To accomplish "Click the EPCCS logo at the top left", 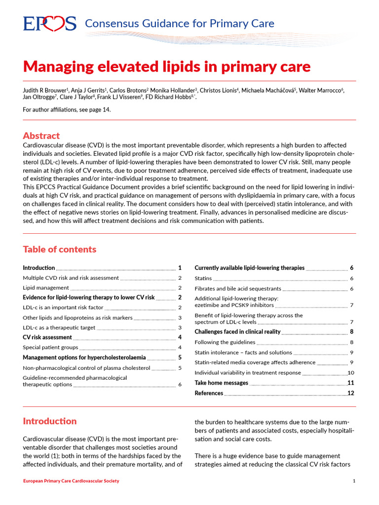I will pos(49,24).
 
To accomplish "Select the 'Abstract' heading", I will pos(41,136).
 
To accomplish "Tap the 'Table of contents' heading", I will pos(60,249).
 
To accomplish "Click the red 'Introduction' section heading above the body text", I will pos(50,421).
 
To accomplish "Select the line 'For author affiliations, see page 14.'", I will pos(67,109).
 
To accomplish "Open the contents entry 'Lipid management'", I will pos(46,288).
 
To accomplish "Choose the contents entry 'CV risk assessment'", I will pos(47,337).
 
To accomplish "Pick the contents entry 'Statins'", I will pos(203,279).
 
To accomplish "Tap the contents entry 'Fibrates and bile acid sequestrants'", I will pos(238,289).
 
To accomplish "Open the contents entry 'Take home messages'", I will pos(222,383).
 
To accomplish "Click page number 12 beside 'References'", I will pos(351,393).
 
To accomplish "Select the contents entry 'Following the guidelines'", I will pos(225,342).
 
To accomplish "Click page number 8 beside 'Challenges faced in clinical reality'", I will pos(352,332).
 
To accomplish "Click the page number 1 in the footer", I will pos(354,481).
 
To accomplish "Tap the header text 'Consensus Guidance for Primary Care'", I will pos(180,23).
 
